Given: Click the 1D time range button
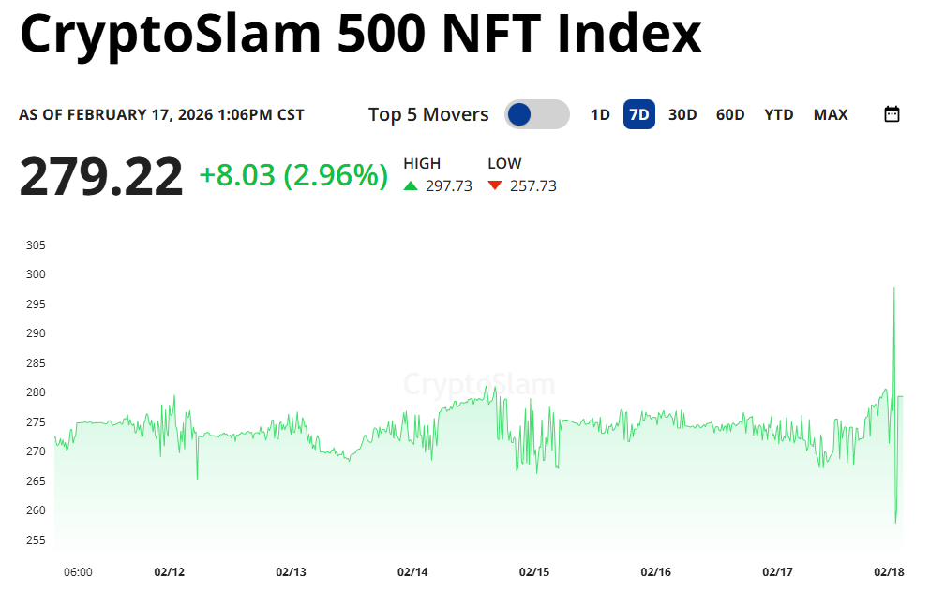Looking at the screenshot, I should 600,114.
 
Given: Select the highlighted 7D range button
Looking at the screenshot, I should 638,114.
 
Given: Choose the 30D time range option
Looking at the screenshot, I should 682,114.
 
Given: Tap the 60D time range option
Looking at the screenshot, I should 730,114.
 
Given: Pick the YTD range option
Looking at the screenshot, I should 779,114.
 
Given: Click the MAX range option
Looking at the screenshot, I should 831,114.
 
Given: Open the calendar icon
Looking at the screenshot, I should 892,114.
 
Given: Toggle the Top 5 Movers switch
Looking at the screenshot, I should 536,114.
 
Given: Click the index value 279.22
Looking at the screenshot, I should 101,176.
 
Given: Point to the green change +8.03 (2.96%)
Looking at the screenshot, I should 293,175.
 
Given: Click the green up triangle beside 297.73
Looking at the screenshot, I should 411,185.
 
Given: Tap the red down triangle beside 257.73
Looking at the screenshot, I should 495,185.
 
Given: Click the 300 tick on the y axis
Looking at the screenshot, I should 36,274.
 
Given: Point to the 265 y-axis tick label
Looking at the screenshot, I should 36,480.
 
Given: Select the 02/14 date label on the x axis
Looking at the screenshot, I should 412,571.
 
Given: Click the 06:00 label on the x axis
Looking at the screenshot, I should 78,571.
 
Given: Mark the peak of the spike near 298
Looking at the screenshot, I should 894,288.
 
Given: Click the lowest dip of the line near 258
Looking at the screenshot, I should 896,522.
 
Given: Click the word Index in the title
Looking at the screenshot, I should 628,34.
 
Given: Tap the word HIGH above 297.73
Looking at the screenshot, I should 422,163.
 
